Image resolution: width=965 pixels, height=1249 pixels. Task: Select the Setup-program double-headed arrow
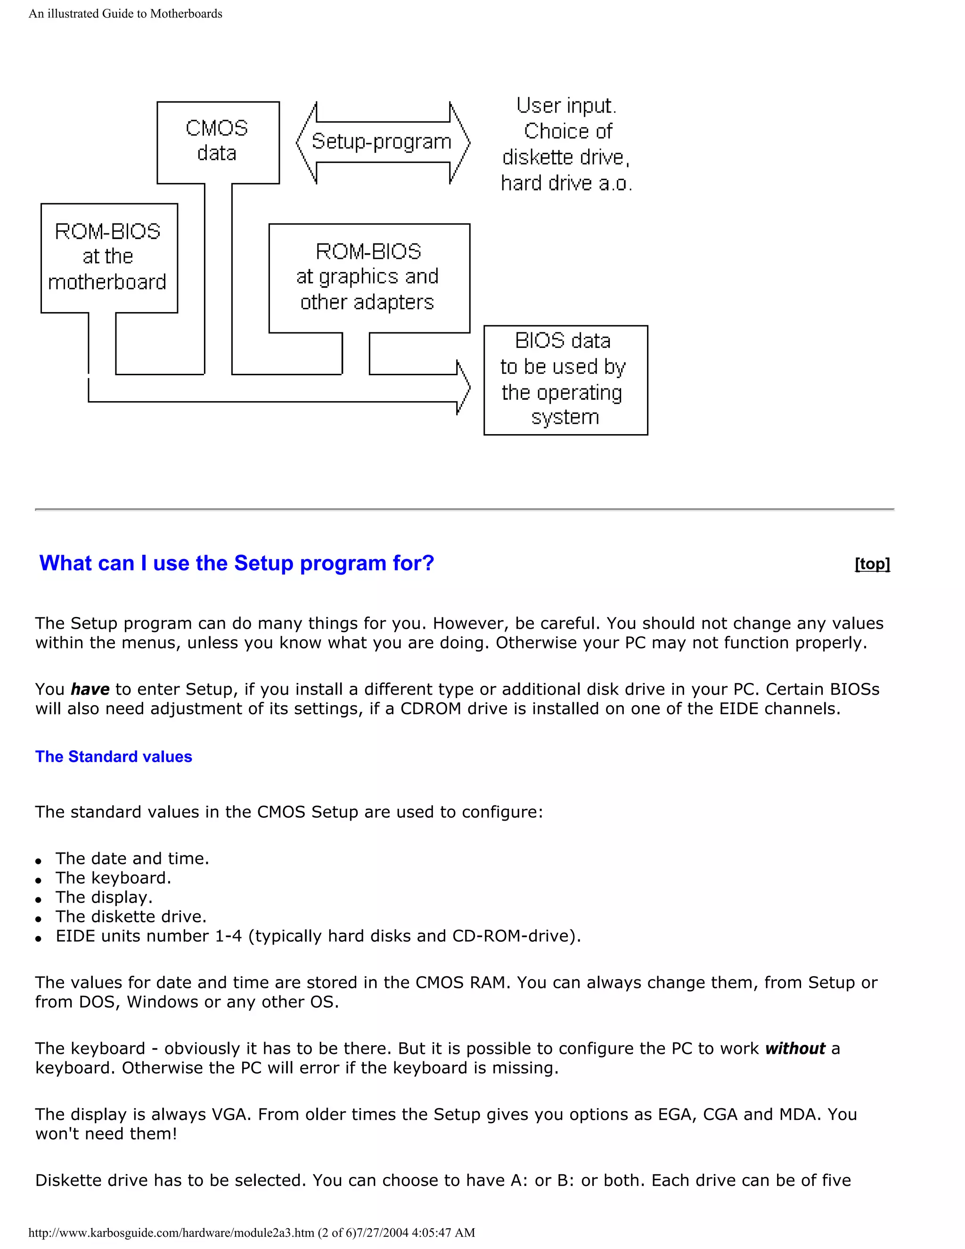pyautogui.click(x=382, y=142)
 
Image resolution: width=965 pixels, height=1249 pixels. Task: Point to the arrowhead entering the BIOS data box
pyautogui.click(x=464, y=388)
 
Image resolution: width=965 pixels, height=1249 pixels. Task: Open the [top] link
pyautogui.click(x=872, y=564)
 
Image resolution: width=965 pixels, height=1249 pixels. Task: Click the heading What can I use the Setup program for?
pyautogui.click(x=237, y=563)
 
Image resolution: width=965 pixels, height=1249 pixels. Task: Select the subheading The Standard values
pyautogui.click(x=113, y=756)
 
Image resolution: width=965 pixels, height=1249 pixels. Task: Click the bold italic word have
pyautogui.click(x=90, y=689)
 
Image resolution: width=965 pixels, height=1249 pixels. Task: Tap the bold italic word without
pyautogui.click(x=794, y=1048)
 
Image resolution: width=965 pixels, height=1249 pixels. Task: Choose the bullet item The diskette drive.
pyautogui.click(x=131, y=916)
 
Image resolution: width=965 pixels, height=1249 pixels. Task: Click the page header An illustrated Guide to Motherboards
pyautogui.click(x=125, y=14)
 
